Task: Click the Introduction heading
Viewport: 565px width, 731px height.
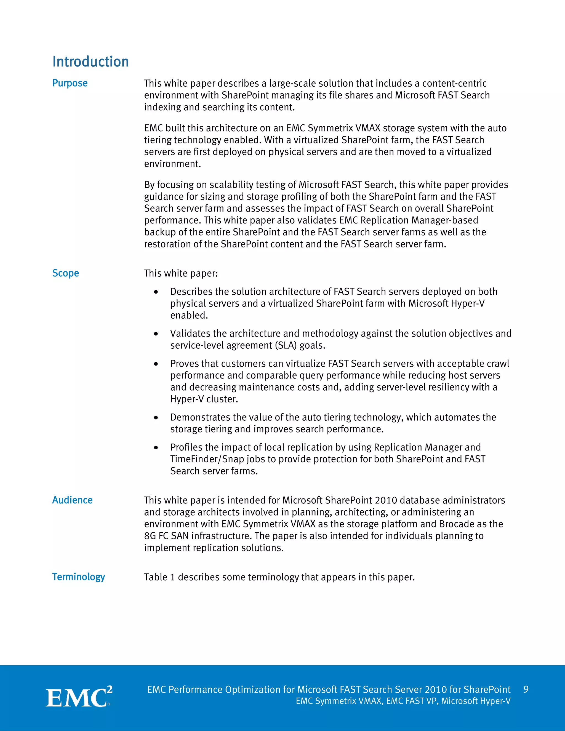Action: [90, 62]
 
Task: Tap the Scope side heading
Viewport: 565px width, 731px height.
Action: [66, 273]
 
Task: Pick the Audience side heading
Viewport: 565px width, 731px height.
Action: [72, 500]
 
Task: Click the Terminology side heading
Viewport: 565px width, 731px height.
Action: [79, 577]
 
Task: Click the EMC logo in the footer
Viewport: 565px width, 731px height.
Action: [79, 697]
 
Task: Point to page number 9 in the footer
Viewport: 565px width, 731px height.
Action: [526, 690]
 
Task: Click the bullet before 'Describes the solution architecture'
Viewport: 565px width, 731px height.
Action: [156, 292]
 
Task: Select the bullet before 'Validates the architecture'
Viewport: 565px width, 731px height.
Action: [156, 334]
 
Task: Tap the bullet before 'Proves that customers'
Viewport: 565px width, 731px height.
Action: [156, 364]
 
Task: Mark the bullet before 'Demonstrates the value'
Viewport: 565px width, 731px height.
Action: [156, 418]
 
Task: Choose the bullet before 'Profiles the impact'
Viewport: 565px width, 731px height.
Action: [156, 448]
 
